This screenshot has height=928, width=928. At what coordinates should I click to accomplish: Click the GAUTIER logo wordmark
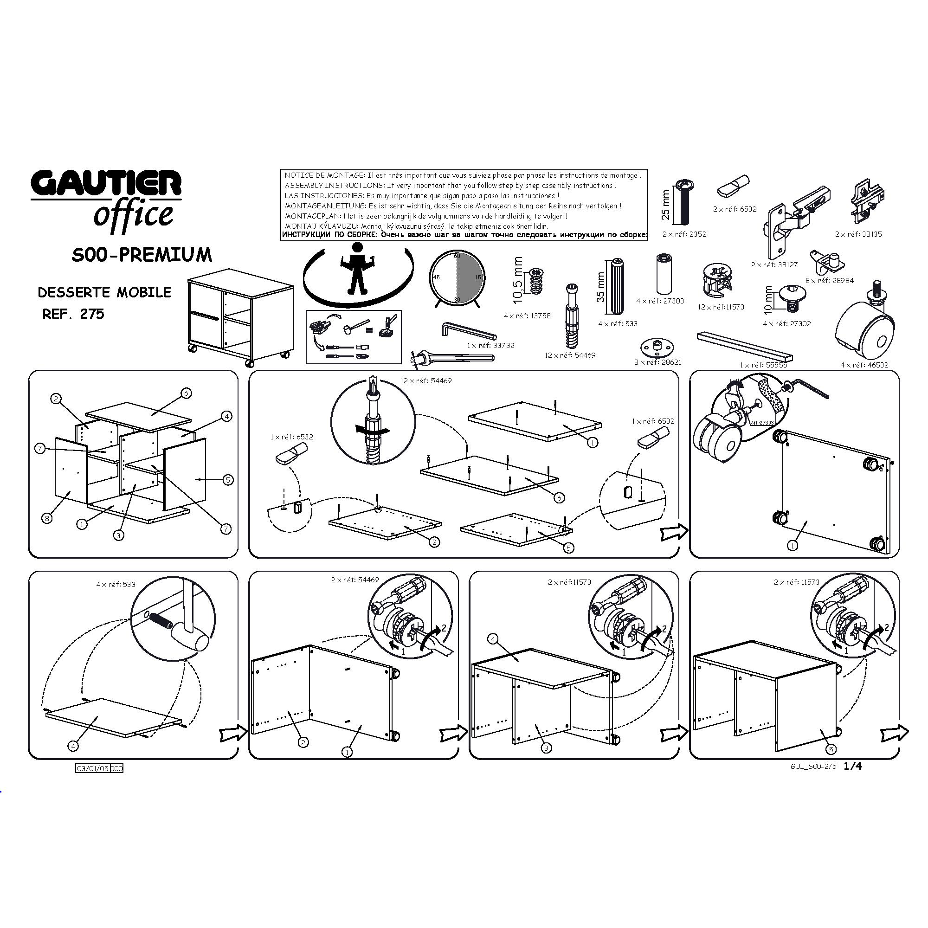106,183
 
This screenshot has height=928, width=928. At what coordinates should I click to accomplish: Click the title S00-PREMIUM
142,255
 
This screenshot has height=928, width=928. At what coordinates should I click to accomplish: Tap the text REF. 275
73,314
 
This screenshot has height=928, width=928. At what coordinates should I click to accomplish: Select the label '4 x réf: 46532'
864,365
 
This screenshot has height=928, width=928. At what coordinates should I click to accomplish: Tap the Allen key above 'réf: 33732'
468,331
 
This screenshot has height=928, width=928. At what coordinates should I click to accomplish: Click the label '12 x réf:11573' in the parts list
721,307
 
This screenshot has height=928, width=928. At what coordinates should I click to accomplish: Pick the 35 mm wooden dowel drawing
618,286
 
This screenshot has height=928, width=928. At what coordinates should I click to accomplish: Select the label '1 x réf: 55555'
763,365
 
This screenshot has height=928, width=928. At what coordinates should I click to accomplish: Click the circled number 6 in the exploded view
187,393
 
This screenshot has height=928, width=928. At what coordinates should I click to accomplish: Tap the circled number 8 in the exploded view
47,518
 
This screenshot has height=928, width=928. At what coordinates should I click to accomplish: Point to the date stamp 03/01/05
93,768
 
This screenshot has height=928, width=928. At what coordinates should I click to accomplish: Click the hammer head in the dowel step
191,638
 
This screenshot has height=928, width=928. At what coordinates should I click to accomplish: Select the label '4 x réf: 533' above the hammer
116,585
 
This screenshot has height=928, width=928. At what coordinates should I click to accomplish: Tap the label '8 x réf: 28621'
657,362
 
